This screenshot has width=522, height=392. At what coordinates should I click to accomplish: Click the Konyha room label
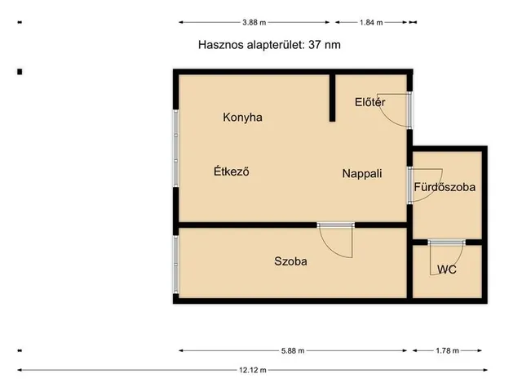tap(242, 117)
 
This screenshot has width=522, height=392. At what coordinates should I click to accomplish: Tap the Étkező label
tap(230, 171)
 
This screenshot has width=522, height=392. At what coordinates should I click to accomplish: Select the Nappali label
tap(362, 173)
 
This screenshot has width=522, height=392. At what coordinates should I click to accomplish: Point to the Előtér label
tap(369, 102)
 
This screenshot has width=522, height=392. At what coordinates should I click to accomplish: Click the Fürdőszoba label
tap(445, 187)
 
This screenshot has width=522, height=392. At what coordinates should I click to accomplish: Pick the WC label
tap(446, 269)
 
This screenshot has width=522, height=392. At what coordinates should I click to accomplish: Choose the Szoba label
tap(290, 261)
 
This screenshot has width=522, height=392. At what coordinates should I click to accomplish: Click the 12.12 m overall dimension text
tap(253, 370)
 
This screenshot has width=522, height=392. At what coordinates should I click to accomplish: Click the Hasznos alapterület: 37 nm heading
tap(269, 45)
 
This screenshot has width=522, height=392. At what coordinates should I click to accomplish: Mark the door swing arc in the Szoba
tap(336, 242)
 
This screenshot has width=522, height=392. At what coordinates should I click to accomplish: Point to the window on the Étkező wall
tap(175, 147)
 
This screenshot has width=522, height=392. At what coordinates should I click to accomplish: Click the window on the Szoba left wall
tap(175, 265)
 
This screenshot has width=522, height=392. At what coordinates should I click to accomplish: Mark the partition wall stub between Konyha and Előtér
tap(333, 98)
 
